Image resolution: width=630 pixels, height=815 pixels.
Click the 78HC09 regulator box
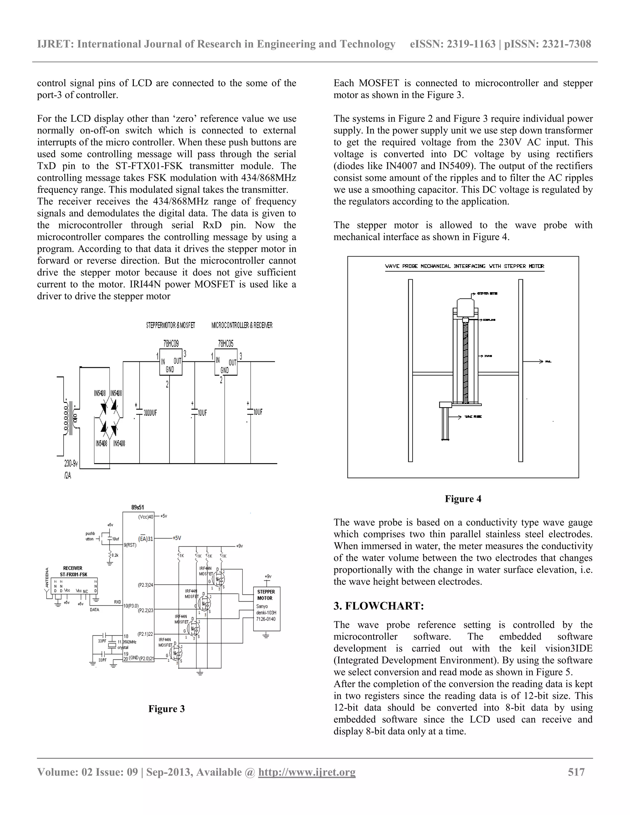point(171,362)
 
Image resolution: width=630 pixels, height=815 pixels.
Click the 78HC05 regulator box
point(226,362)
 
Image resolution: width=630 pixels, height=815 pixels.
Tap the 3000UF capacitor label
point(150,413)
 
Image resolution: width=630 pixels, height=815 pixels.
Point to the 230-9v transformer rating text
point(71,464)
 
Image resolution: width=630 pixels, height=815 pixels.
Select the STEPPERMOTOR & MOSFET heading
point(170,325)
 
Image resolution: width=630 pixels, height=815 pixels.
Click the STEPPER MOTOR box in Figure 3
point(266,608)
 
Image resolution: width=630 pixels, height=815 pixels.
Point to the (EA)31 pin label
point(146,539)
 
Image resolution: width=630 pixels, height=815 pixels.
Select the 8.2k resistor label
point(115,555)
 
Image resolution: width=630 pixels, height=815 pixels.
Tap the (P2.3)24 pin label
point(145,585)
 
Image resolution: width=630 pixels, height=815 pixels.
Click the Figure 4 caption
point(463,499)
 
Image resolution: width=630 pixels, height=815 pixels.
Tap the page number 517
point(576,772)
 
